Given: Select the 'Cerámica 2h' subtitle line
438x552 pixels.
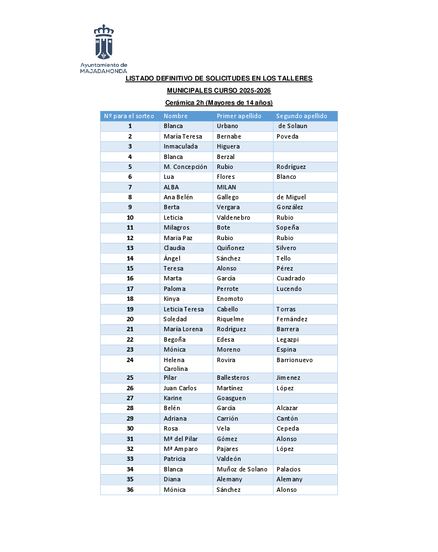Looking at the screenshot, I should point(219,103).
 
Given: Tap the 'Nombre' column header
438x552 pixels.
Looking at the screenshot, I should point(175,116).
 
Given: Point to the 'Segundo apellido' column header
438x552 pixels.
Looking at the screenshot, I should point(301,116).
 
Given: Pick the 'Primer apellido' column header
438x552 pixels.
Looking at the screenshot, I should point(239,116).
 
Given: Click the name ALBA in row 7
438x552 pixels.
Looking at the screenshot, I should point(171,187).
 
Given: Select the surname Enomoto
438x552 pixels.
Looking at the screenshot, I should point(230,299).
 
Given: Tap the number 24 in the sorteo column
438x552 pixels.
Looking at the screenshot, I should point(130,360).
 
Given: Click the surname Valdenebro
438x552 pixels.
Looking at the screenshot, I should point(233,217).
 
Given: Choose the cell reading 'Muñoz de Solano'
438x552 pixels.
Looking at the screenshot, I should point(242,469).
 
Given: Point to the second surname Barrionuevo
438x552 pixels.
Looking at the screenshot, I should point(294,360).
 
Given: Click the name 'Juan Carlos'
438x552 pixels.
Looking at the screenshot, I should point(180,388).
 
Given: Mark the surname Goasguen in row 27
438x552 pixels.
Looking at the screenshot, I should point(231,398).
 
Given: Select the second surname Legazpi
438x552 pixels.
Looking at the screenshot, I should point(288,339).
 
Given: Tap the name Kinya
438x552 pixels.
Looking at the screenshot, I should point(171,299).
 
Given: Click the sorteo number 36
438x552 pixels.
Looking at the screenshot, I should point(130,490).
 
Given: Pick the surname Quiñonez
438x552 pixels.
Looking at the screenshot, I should point(231,248).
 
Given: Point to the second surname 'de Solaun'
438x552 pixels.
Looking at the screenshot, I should point(293,126).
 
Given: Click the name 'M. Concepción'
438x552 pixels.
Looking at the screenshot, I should point(185,167).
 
